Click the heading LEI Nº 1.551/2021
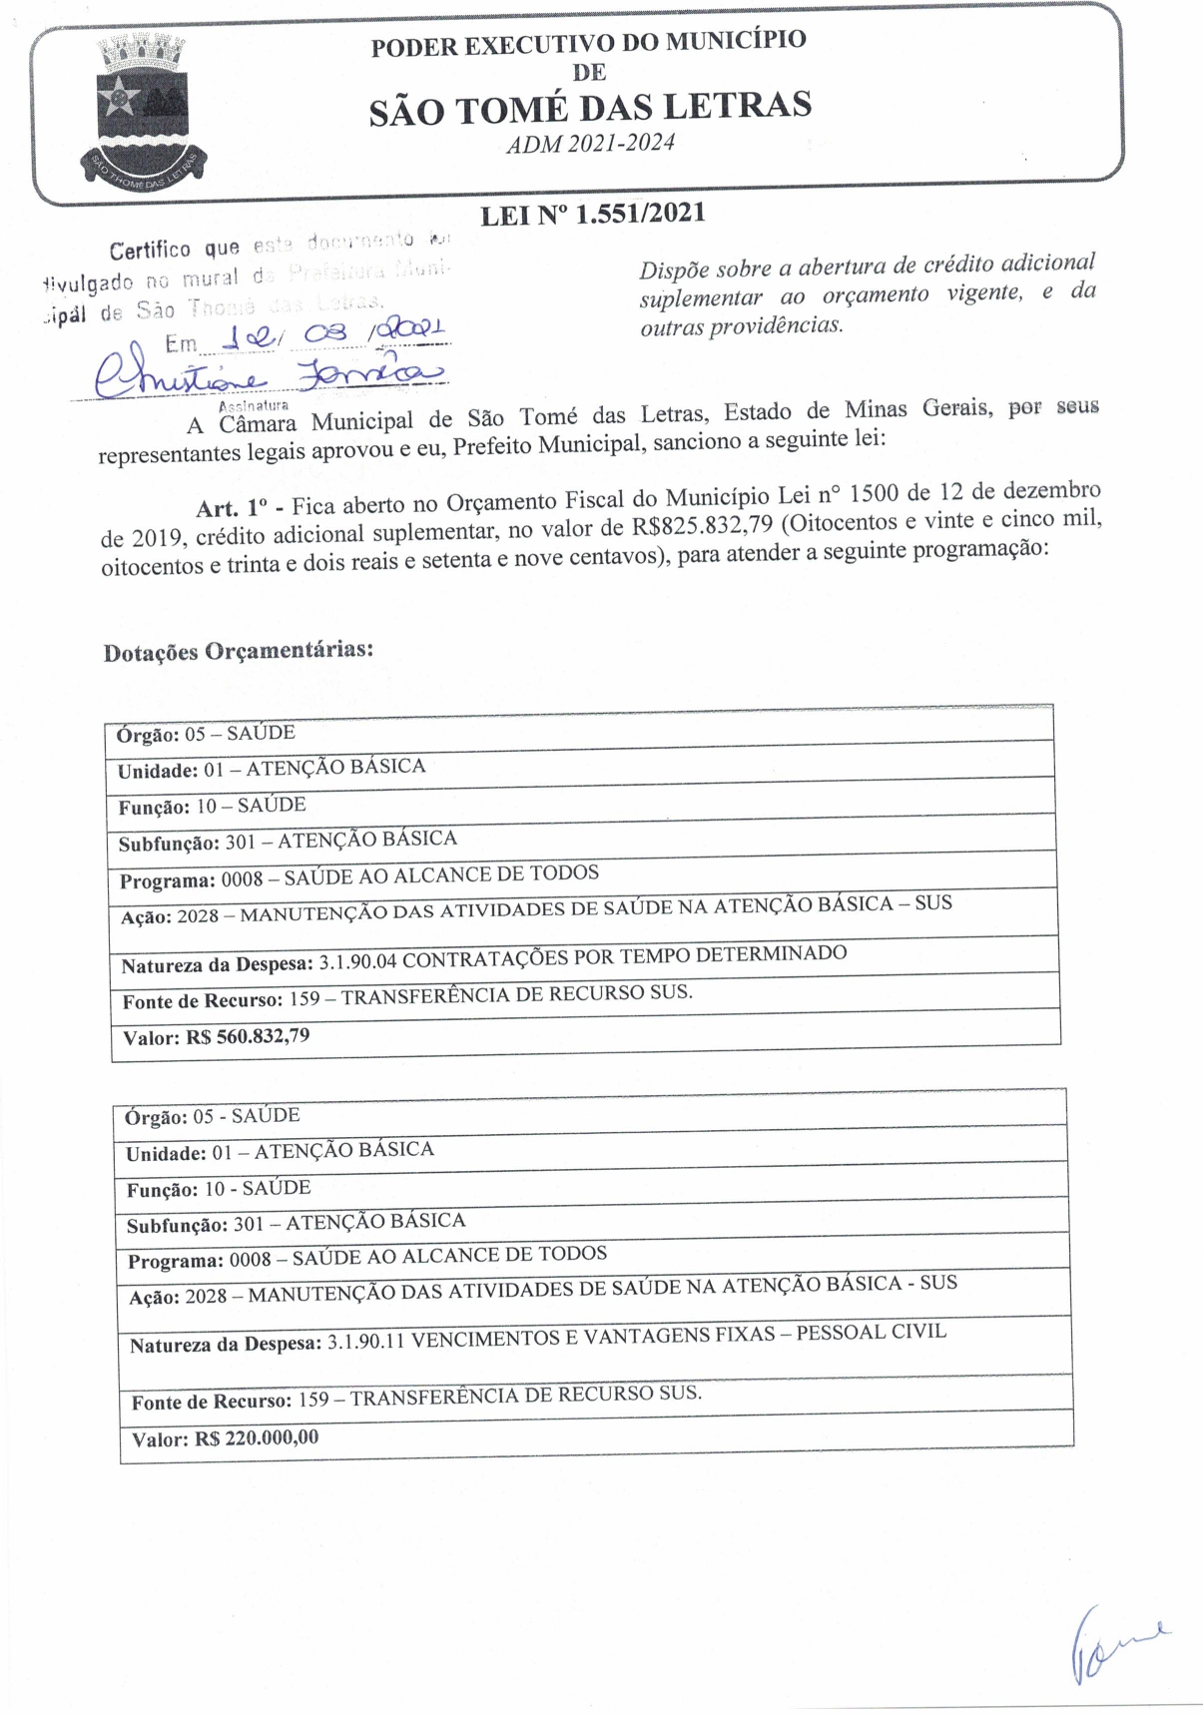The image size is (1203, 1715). click(x=593, y=215)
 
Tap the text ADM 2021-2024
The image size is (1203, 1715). click(x=590, y=144)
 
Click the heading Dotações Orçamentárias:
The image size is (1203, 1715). click(x=239, y=651)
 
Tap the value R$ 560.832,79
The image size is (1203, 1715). click(x=248, y=1036)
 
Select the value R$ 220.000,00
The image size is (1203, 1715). click(x=257, y=1438)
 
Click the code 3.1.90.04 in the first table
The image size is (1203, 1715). click(x=357, y=962)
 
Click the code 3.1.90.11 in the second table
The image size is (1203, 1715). click(x=365, y=1342)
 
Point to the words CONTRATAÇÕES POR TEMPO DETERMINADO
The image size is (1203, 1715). click(x=625, y=956)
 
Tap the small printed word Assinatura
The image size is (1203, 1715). click(x=254, y=405)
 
